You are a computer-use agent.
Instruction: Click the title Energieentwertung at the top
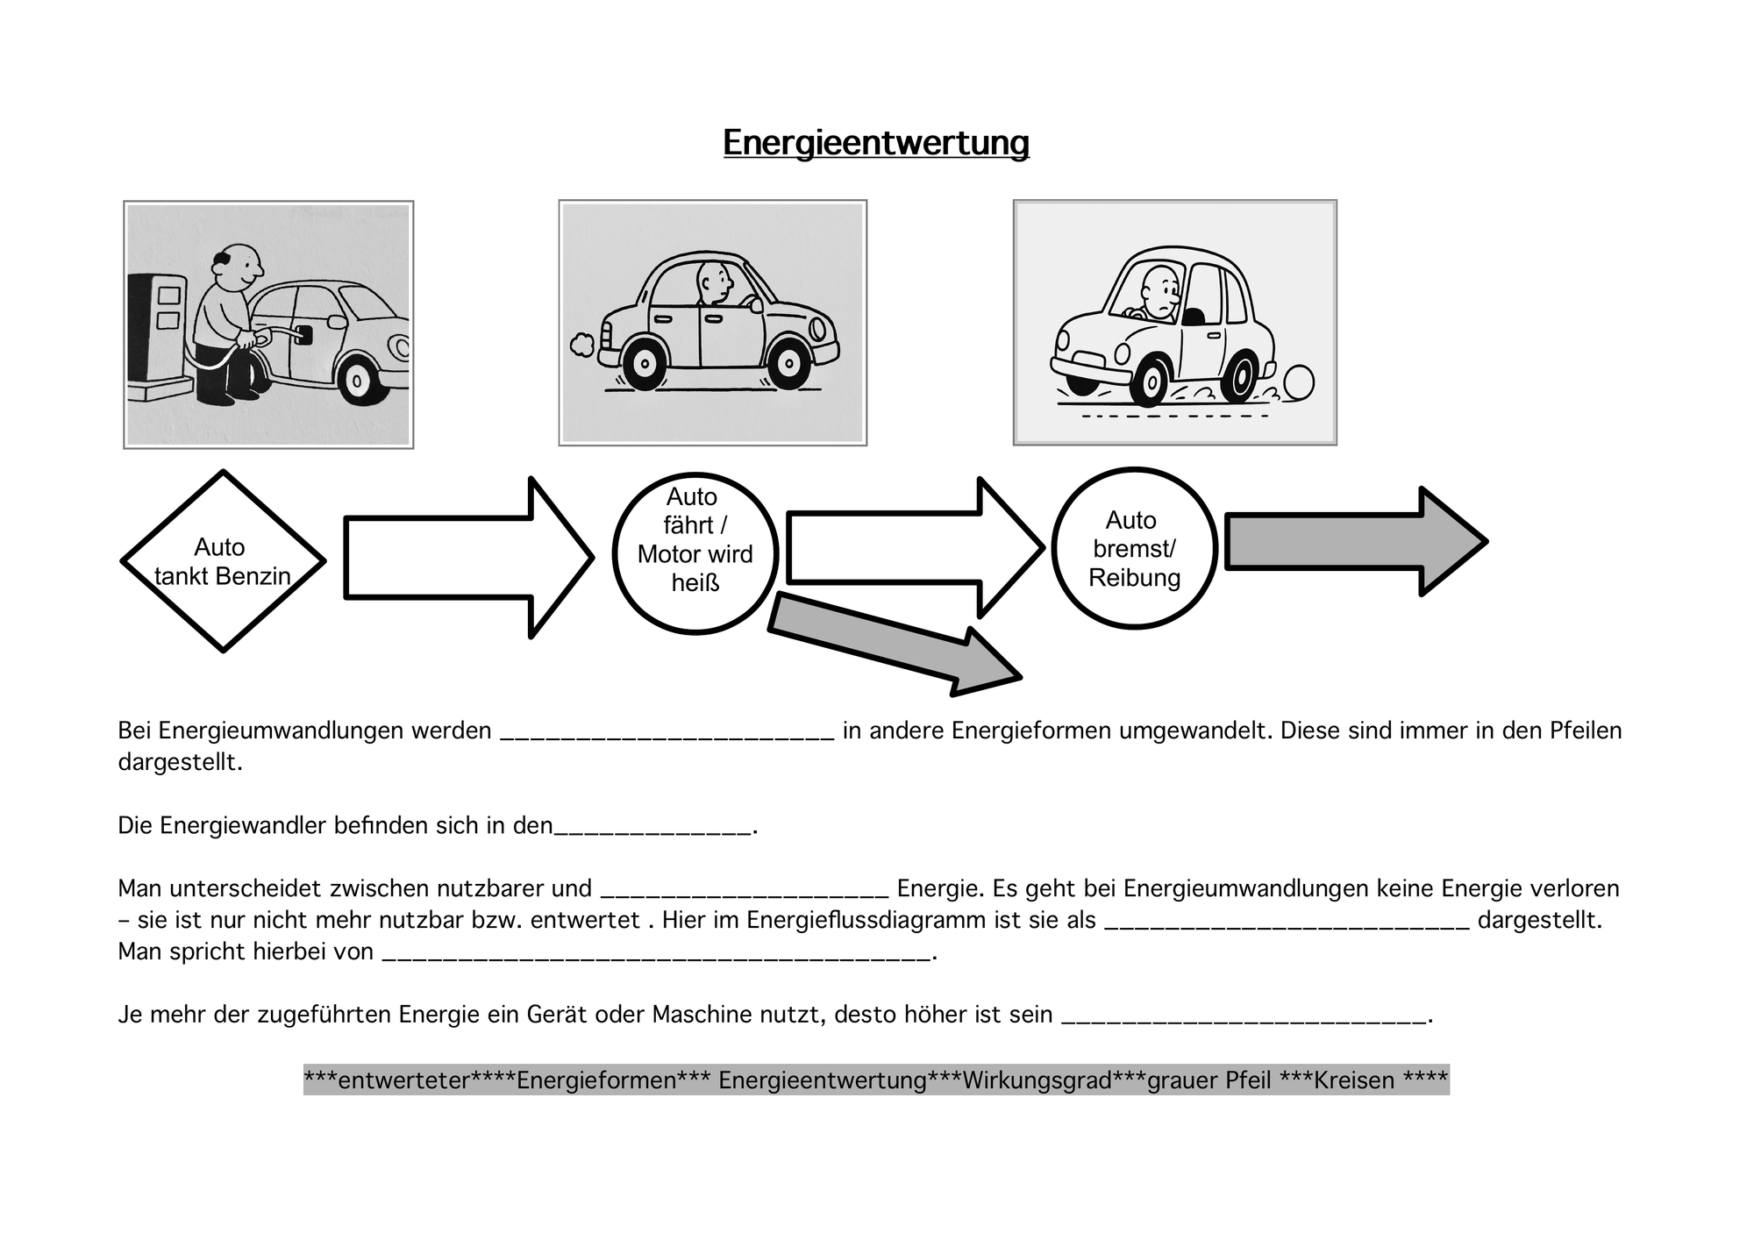(876, 142)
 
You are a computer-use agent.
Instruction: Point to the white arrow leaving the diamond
(469, 558)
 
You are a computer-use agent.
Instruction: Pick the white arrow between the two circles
(916, 548)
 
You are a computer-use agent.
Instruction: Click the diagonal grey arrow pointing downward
(895, 645)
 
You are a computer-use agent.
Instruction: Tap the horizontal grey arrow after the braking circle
(1356, 542)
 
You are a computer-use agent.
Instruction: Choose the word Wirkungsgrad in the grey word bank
(1037, 1080)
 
